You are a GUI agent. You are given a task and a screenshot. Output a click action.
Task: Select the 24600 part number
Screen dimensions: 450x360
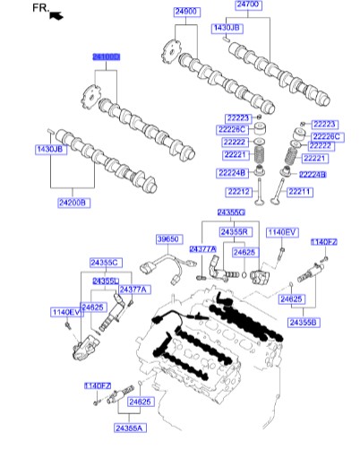[x=185, y=10]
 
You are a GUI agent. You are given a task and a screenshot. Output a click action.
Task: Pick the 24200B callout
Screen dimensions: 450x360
[x=73, y=203]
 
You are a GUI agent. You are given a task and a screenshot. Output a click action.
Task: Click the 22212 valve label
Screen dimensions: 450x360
[x=238, y=191]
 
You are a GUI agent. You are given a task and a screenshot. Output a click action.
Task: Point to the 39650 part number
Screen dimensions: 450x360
[x=168, y=239]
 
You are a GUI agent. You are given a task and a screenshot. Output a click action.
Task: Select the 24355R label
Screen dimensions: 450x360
[x=235, y=232]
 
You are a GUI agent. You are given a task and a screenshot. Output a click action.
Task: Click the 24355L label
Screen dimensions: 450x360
[x=106, y=281]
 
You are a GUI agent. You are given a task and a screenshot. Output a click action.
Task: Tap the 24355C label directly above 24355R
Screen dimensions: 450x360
[x=230, y=212]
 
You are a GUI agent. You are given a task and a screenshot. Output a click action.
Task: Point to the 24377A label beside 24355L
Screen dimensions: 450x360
[x=137, y=289]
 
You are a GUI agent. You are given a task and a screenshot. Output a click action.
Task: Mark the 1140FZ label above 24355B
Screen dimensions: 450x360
[x=323, y=242]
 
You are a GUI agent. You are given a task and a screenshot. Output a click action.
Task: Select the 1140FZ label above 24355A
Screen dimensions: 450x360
[x=98, y=385]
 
